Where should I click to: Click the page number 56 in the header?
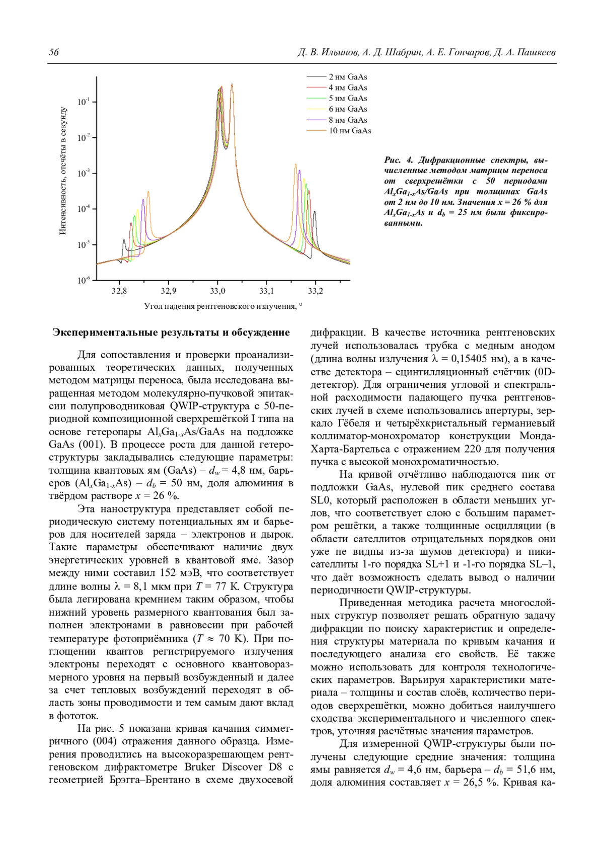tap(53, 53)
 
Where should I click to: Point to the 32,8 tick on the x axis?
tap(119, 291)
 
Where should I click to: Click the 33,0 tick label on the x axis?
tap(217, 291)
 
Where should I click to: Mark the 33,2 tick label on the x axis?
tap(315, 291)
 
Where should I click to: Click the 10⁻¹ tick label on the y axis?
tap(84, 102)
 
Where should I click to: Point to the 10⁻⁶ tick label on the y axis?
tap(84, 280)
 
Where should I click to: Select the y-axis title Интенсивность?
tap(63, 171)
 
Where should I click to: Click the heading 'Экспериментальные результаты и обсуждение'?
tap(171, 333)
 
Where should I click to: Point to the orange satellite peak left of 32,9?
tap(148, 193)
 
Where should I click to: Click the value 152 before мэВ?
tap(168, 573)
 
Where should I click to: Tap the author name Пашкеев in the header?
tap(536, 53)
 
